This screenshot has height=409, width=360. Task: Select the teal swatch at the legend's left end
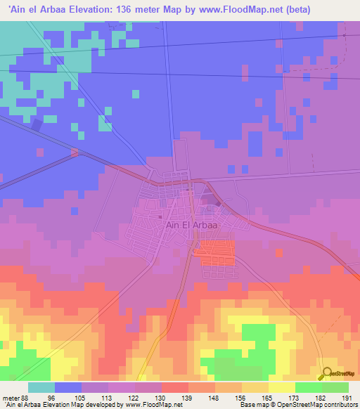pos(41,387)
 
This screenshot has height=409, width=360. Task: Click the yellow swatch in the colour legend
pos(281,387)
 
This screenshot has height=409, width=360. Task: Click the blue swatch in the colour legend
pos(68,387)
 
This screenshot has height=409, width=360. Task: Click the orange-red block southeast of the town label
pos(216,251)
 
